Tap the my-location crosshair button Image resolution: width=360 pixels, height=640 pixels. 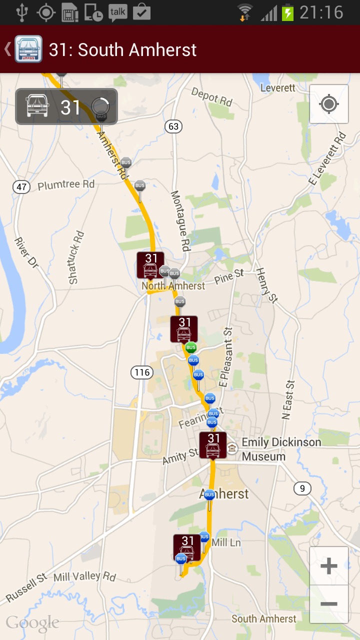328,104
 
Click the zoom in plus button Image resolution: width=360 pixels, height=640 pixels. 328,566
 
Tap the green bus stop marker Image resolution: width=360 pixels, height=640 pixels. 190,347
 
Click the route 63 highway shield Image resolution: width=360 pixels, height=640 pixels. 173,126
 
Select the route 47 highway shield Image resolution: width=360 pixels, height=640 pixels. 21,187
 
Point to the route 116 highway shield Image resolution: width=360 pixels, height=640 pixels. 142,372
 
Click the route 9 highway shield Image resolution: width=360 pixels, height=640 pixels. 302,488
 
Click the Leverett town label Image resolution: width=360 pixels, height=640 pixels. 278,88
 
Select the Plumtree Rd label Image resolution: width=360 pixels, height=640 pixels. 66,185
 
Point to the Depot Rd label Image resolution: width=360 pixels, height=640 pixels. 212,96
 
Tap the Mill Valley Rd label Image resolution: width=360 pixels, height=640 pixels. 84,577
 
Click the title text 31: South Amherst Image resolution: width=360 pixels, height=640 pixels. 122,49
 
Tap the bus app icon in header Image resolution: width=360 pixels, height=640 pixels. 28,49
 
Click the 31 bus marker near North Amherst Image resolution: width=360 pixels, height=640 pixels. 150,265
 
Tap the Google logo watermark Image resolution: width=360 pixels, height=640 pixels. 32,623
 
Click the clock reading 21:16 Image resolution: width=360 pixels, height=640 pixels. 321,12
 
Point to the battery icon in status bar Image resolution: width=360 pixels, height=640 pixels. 287,12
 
